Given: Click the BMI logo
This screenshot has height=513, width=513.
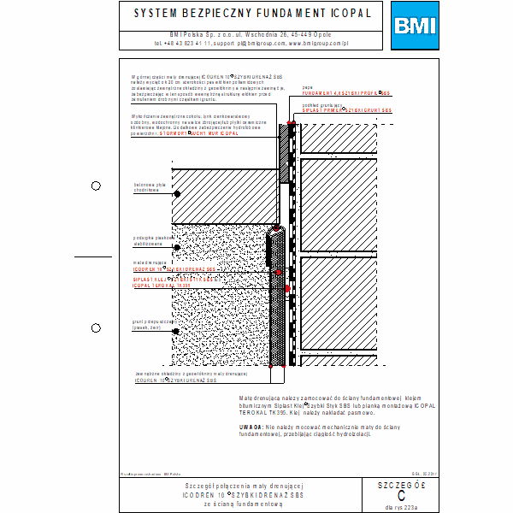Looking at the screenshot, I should coord(413,25).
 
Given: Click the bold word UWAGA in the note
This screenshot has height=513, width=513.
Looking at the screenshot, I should coord(251,425).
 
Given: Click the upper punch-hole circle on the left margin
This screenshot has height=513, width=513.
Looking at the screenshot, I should coord(97,186).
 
